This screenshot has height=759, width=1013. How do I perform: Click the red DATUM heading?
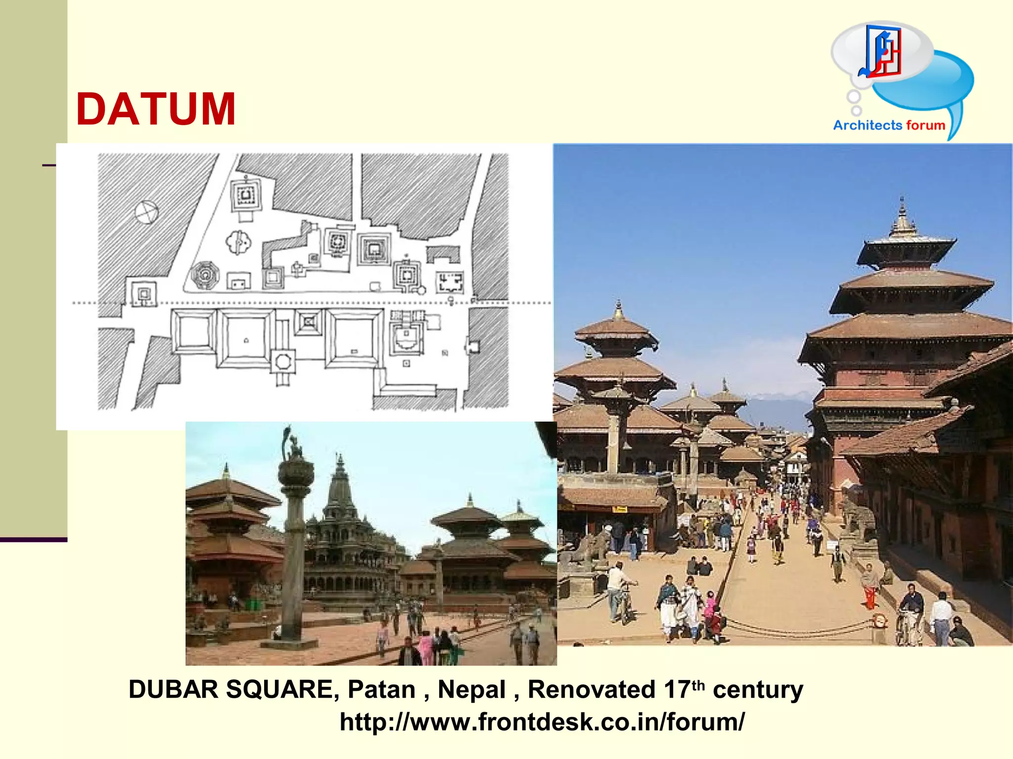(x=156, y=109)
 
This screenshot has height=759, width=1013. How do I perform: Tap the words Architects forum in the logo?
(x=889, y=125)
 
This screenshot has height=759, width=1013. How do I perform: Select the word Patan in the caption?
(x=381, y=689)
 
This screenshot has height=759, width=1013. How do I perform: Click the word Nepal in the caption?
(x=471, y=689)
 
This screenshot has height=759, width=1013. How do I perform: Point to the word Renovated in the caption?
(x=591, y=689)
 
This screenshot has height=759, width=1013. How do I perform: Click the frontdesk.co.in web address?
(x=542, y=722)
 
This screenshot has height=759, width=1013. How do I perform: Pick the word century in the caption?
(x=758, y=689)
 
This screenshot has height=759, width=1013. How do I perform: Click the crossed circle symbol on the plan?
(x=146, y=212)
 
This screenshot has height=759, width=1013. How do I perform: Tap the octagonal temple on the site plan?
(x=204, y=275)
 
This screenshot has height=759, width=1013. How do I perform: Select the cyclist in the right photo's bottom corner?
(x=909, y=615)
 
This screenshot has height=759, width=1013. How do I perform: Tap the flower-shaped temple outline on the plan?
(x=238, y=243)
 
